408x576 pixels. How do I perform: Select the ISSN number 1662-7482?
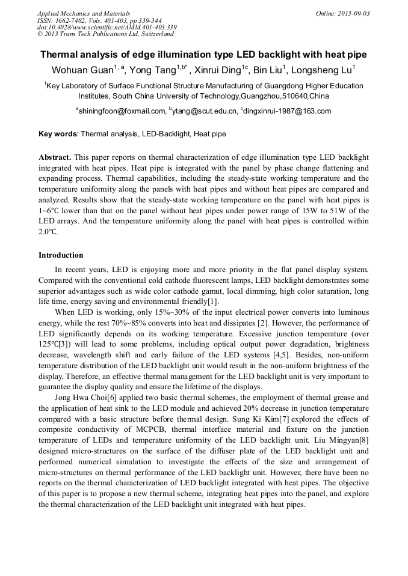click(71, 20)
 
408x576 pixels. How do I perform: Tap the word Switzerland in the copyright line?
click(150, 34)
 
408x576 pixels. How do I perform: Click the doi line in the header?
click(107, 27)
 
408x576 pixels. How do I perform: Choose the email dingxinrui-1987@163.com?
click(287, 111)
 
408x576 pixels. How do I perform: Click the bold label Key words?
click(58, 135)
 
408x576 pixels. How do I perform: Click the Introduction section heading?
click(61, 255)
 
